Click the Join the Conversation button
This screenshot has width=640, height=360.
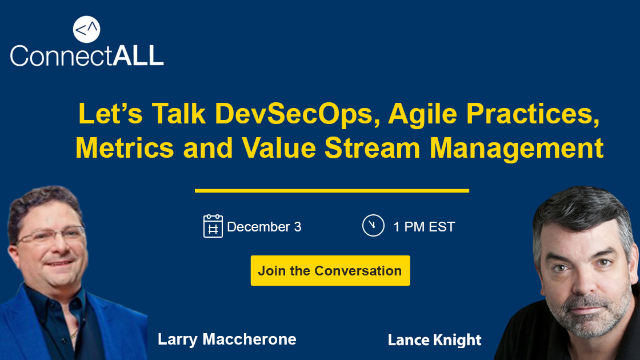click(x=330, y=271)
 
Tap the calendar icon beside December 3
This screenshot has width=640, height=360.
click(x=212, y=226)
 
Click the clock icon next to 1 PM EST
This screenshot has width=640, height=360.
click(x=373, y=226)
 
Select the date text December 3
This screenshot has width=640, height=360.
click(x=264, y=227)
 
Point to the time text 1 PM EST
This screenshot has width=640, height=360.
click(x=424, y=227)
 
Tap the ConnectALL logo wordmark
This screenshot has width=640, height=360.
click(x=87, y=56)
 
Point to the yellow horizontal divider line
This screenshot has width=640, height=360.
click(x=331, y=190)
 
